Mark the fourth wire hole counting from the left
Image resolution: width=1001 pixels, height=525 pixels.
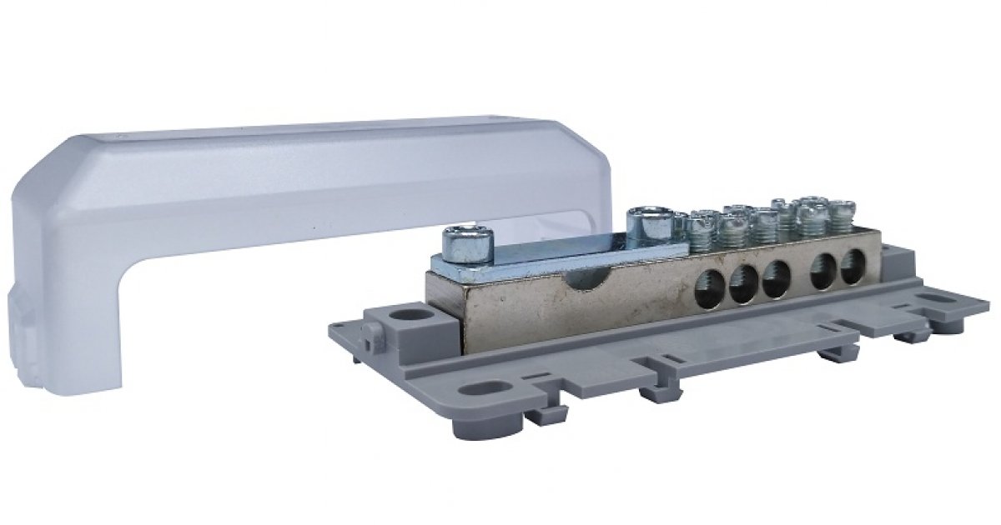point(824,274)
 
